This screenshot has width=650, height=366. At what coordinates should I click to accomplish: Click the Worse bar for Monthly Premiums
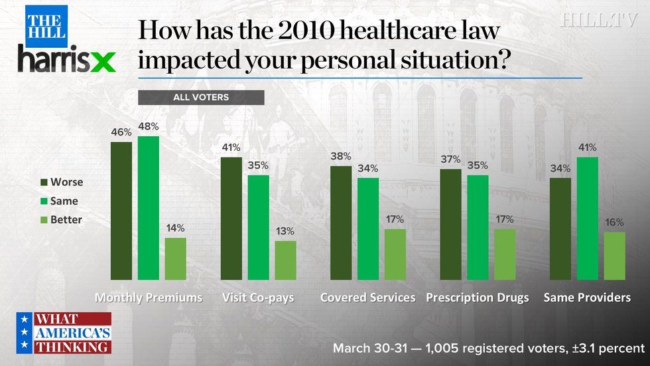pos(121,211)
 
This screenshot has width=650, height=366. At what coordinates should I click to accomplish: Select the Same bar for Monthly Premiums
pos(149,208)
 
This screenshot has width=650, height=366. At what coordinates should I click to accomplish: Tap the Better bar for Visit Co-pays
pos(286,260)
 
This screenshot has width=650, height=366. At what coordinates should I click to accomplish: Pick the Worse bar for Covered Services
pos(341,223)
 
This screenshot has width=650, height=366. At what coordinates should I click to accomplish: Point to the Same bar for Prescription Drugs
pos(478,227)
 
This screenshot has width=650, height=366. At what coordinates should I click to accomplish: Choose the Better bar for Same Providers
pos(615,256)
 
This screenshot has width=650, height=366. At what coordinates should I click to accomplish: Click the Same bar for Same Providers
pos(588,219)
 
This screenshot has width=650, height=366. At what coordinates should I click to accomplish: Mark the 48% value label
pos(149,126)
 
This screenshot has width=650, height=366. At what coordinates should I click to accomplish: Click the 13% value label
pos(286,231)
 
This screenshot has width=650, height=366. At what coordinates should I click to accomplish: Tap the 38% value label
pos(341,157)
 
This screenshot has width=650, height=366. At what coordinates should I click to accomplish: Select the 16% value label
pos(615,223)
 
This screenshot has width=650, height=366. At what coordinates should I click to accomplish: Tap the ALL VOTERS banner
pos(201,98)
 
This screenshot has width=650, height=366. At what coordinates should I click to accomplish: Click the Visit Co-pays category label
pos(258,298)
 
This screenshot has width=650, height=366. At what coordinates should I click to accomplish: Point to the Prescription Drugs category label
pos(478,298)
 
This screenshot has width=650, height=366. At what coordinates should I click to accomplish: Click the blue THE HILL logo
pos(47,25)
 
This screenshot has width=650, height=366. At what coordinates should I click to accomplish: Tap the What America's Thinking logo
pos(64,332)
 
